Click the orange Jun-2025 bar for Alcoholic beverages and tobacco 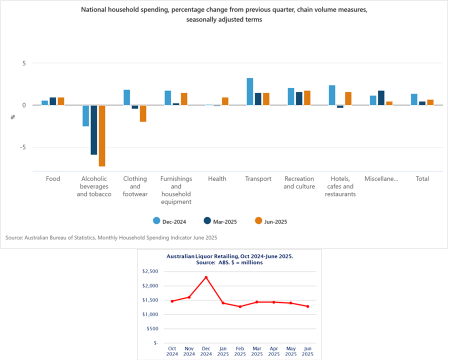click(101, 135)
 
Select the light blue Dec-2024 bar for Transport click(250, 91)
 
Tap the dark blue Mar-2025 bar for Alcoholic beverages click(93, 130)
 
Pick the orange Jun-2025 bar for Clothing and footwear click(143, 113)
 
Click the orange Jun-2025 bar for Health click(225, 101)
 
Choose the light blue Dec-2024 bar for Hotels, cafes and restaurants click(332, 95)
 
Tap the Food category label click(53, 178)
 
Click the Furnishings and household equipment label click(176, 190)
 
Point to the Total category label click(422, 178)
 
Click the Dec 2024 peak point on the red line click(206, 277)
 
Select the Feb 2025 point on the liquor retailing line click(240, 306)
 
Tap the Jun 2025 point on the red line click(307, 306)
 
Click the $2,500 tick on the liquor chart click(150, 271)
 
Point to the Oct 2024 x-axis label click(172, 352)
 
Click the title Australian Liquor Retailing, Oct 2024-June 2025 click(229, 256)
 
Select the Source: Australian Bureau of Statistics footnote click(111, 237)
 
